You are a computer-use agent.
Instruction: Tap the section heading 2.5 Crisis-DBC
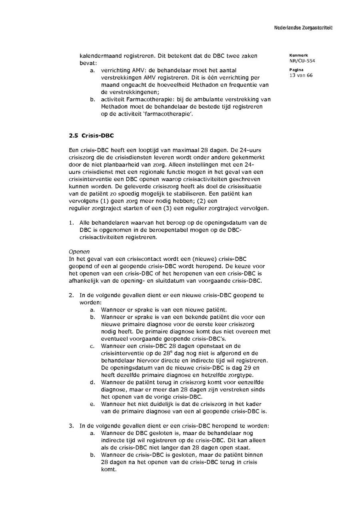point(91,136)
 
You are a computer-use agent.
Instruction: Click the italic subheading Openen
point(79,252)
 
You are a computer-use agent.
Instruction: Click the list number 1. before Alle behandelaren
point(71,222)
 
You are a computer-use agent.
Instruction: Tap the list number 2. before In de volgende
point(71,295)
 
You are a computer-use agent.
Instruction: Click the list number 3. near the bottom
point(71,425)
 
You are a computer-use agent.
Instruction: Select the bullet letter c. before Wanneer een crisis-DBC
point(92,346)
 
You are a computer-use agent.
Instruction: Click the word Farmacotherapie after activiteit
point(149,99)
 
